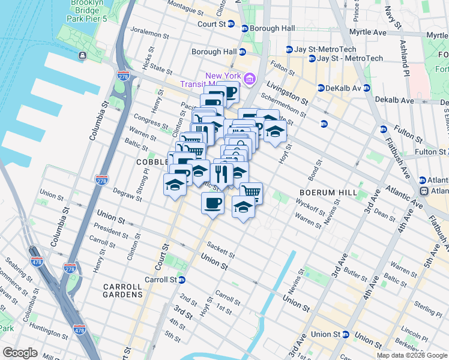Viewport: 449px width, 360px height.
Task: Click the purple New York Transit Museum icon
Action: pyautogui.click(x=250, y=77)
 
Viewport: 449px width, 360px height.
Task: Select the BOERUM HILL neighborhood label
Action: pyautogui.click(x=324, y=193)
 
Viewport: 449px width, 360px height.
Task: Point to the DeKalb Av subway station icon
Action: pyautogui.click(x=321, y=88)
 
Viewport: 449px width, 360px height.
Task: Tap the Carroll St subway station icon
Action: pyautogui.click(x=181, y=280)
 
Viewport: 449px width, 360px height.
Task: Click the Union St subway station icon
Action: pyautogui.click(x=346, y=334)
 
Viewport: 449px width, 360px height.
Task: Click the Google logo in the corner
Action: pyautogui.click(x=20, y=353)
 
